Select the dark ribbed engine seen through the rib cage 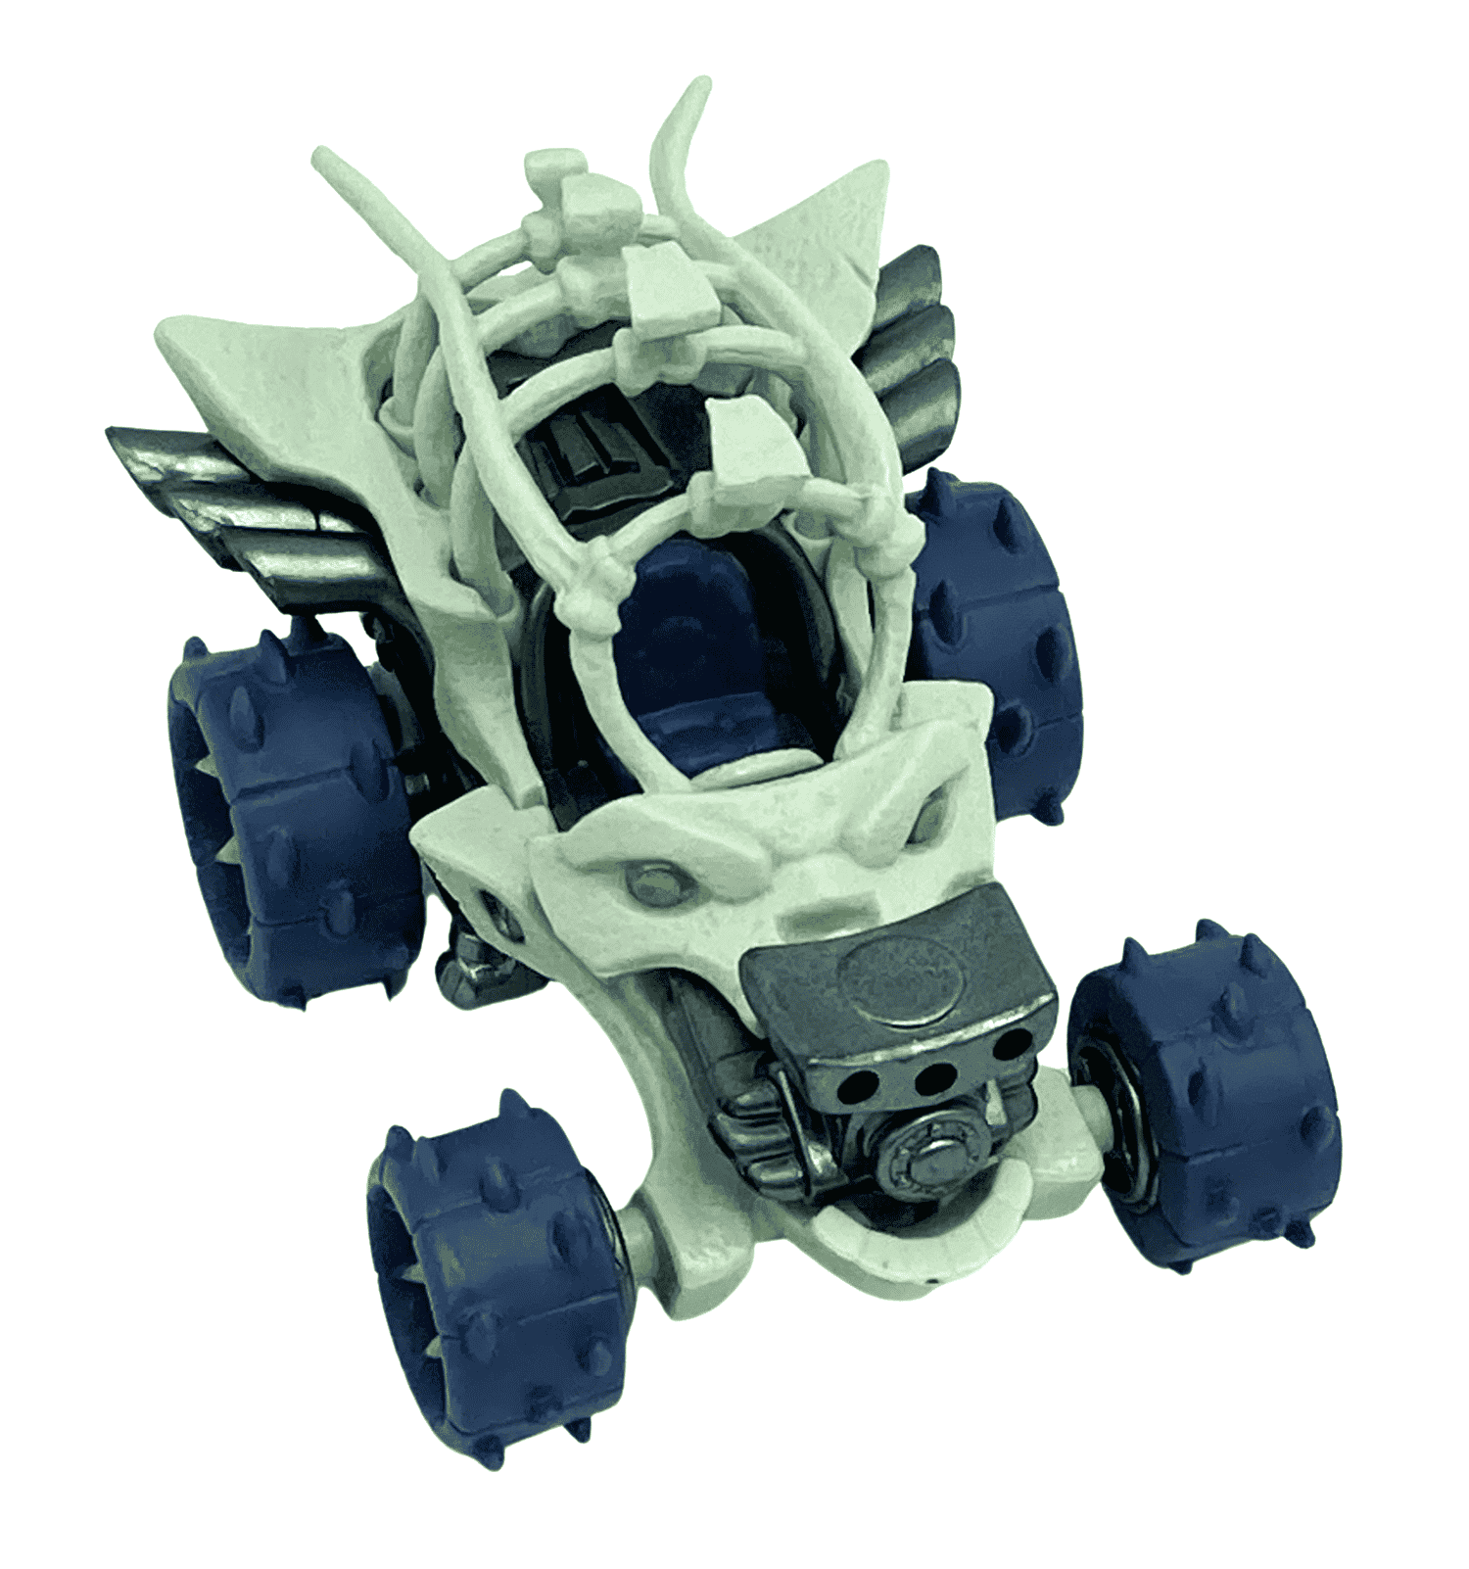coord(588,451)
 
